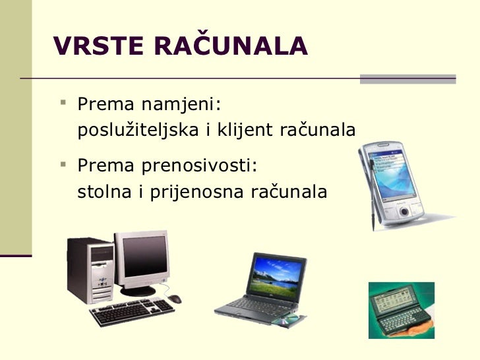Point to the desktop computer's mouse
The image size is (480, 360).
point(174,299)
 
